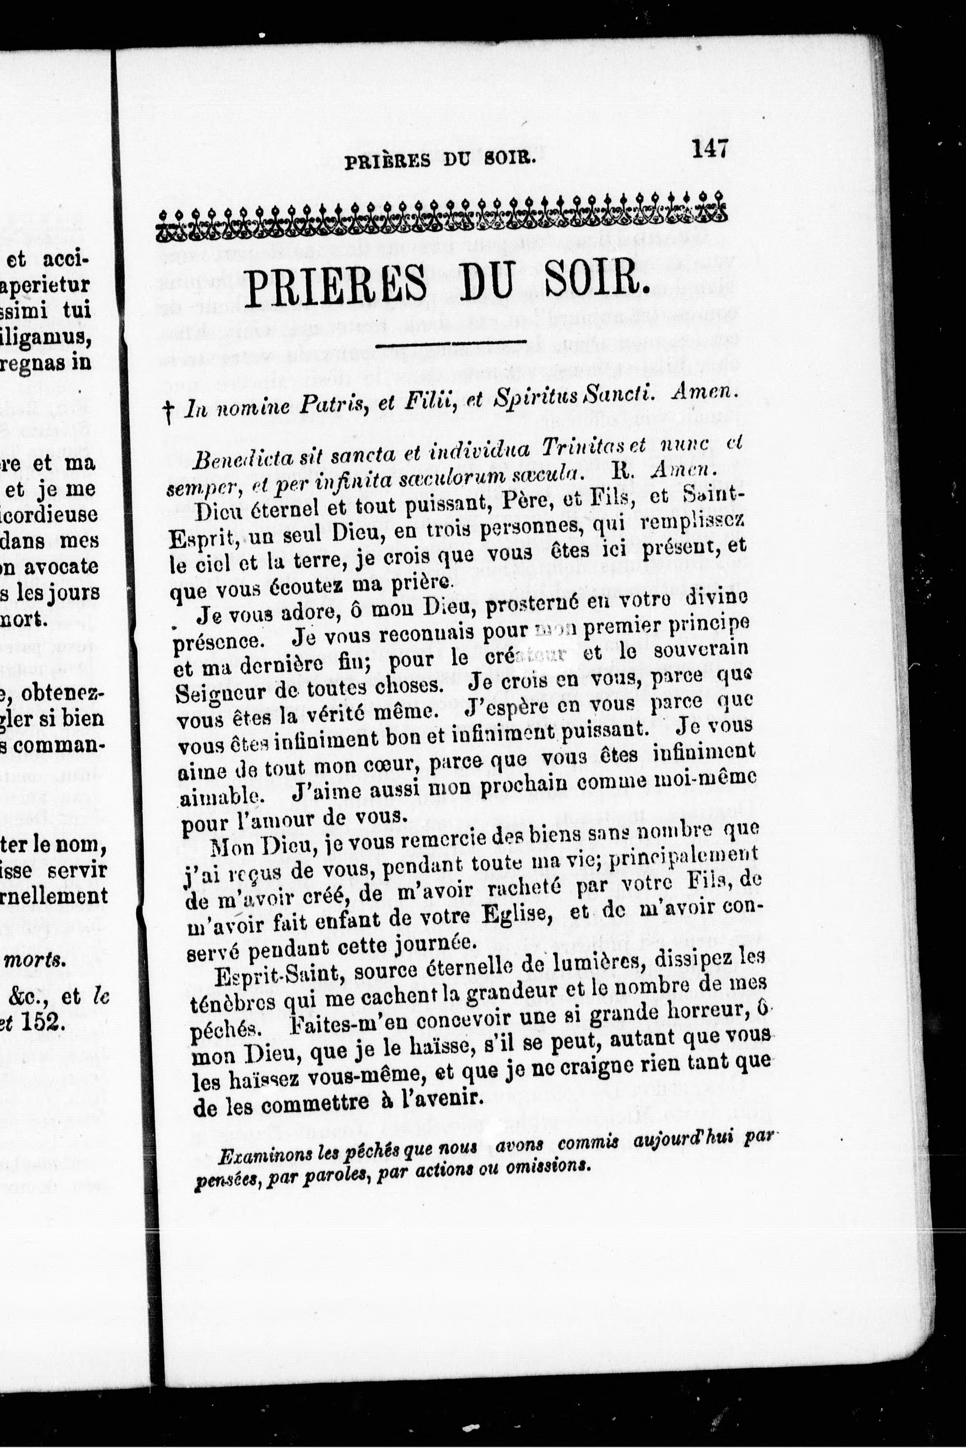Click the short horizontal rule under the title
450,343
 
